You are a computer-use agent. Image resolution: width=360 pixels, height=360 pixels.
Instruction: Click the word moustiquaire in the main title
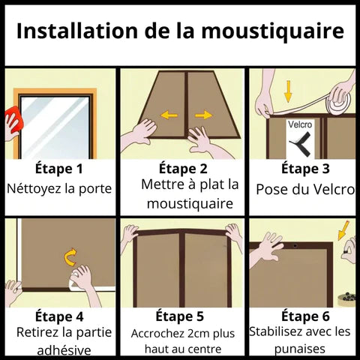(x=273, y=31)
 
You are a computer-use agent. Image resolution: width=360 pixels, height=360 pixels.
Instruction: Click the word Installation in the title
(x=77, y=31)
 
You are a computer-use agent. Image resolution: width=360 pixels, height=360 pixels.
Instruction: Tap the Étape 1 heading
(x=59, y=169)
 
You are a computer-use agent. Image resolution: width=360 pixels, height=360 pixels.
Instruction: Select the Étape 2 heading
(x=183, y=169)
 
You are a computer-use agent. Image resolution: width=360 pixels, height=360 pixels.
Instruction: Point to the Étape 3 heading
(x=305, y=169)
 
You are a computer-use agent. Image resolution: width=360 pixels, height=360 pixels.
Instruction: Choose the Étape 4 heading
(x=59, y=316)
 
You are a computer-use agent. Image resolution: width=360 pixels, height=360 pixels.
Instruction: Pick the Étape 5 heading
(x=180, y=316)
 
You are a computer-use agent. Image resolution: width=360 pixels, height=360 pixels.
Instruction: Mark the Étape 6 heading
(x=305, y=316)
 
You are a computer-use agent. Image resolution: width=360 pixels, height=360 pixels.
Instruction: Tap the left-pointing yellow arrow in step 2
(x=169, y=115)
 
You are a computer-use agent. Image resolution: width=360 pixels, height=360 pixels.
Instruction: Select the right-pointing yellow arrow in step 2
(x=204, y=115)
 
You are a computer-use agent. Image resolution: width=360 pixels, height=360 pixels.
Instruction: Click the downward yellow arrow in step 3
(x=289, y=91)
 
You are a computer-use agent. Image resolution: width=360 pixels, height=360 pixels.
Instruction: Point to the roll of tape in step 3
(x=339, y=100)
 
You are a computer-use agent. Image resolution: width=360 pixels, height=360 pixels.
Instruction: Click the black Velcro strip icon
(x=302, y=144)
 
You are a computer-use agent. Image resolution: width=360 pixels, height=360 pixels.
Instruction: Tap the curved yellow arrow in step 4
(x=70, y=256)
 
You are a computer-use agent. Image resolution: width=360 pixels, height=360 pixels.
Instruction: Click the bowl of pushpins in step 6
(x=346, y=299)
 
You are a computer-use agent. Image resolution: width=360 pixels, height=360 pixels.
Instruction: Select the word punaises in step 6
(x=300, y=349)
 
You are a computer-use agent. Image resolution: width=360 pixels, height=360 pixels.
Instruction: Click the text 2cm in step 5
(x=193, y=334)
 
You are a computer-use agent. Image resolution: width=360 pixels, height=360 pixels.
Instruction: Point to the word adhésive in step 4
(x=64, y=349)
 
